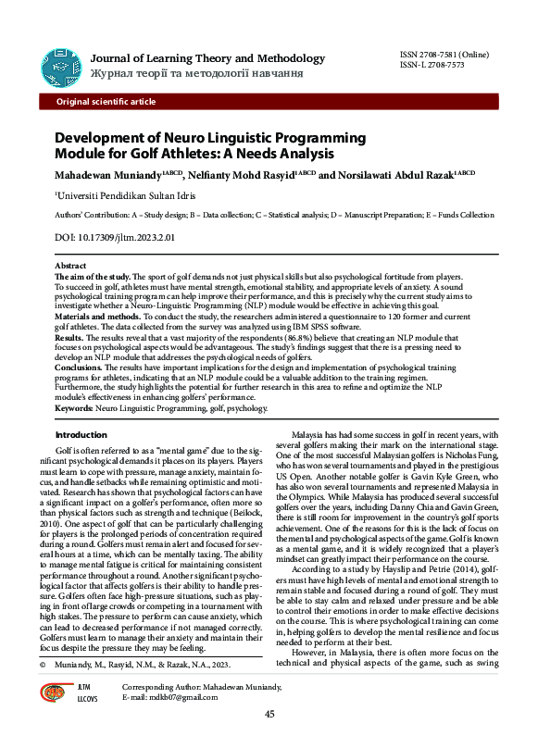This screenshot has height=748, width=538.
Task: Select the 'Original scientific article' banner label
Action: click(x=106, y=101)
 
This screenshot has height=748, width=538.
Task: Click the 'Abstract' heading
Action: click(x=71, y=267)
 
